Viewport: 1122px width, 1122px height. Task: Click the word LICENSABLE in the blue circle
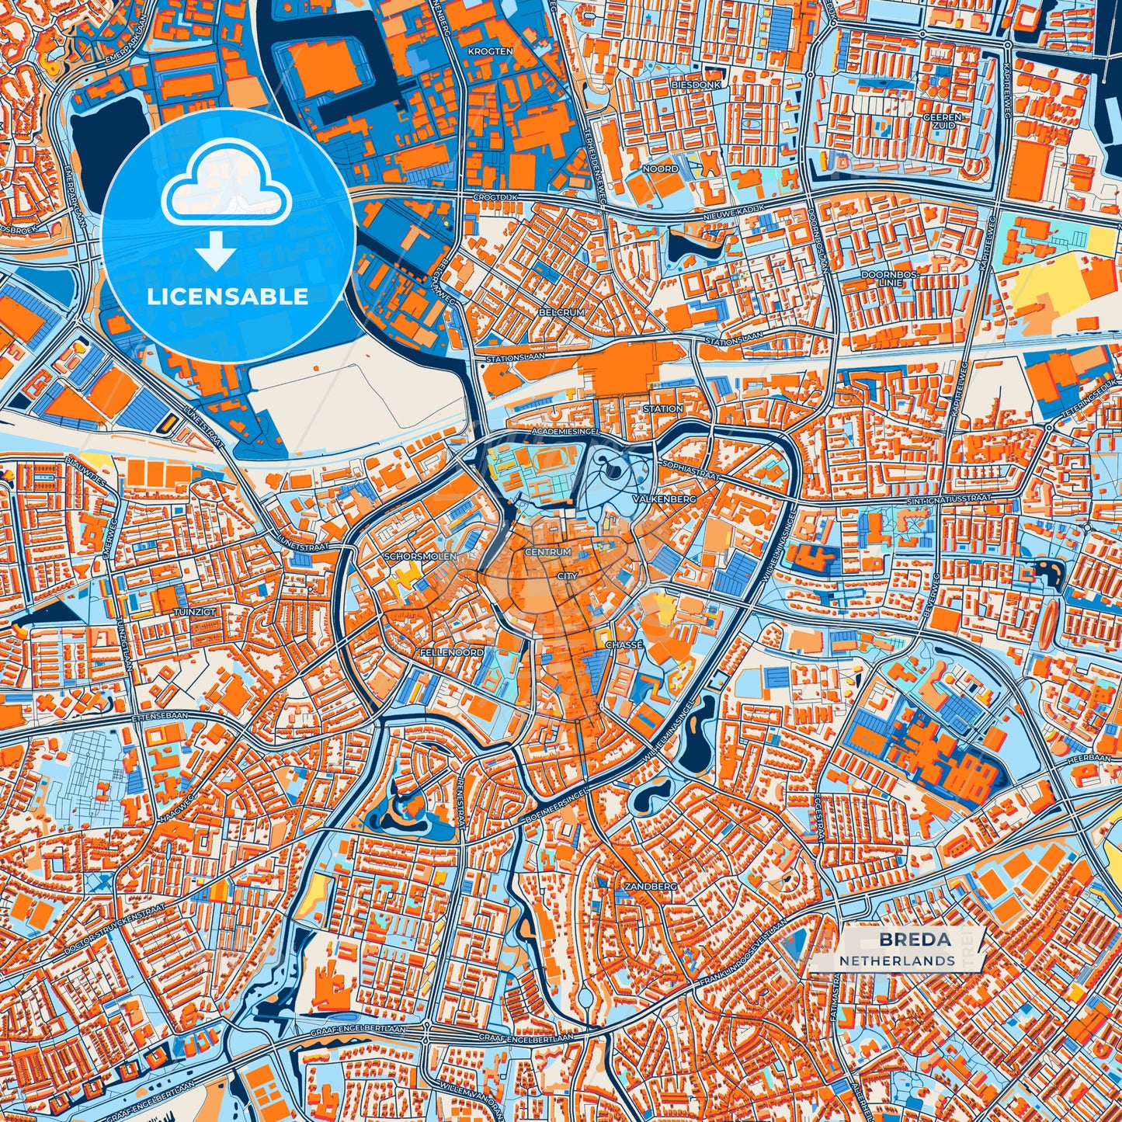pyautogui.click(x=228, y=297)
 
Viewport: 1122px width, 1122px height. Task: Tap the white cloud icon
pyautogui.click(x=227, y=183)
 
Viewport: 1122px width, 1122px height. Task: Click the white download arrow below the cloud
pyautogui.click(x=216, y=252)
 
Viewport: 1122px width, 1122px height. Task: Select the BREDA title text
pyautogui.click(x=914, y=940)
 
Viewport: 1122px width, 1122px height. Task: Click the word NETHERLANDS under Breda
pyautogui.click(x=897, y=960)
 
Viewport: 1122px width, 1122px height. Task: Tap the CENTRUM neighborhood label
pyautogui.click(x=548, y=552)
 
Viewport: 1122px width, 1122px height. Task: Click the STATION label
pyautogui.click(x=663, y=408)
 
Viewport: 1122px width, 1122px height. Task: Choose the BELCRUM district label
pyautogui.click(x=561, y=312)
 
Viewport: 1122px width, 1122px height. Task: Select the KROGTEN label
pyautogui.click(x=490, y=51)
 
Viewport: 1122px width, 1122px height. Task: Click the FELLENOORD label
pyautogui.click(x=451, y=653)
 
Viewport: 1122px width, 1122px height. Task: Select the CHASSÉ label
pyautogui.click(x=624, y=645)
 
